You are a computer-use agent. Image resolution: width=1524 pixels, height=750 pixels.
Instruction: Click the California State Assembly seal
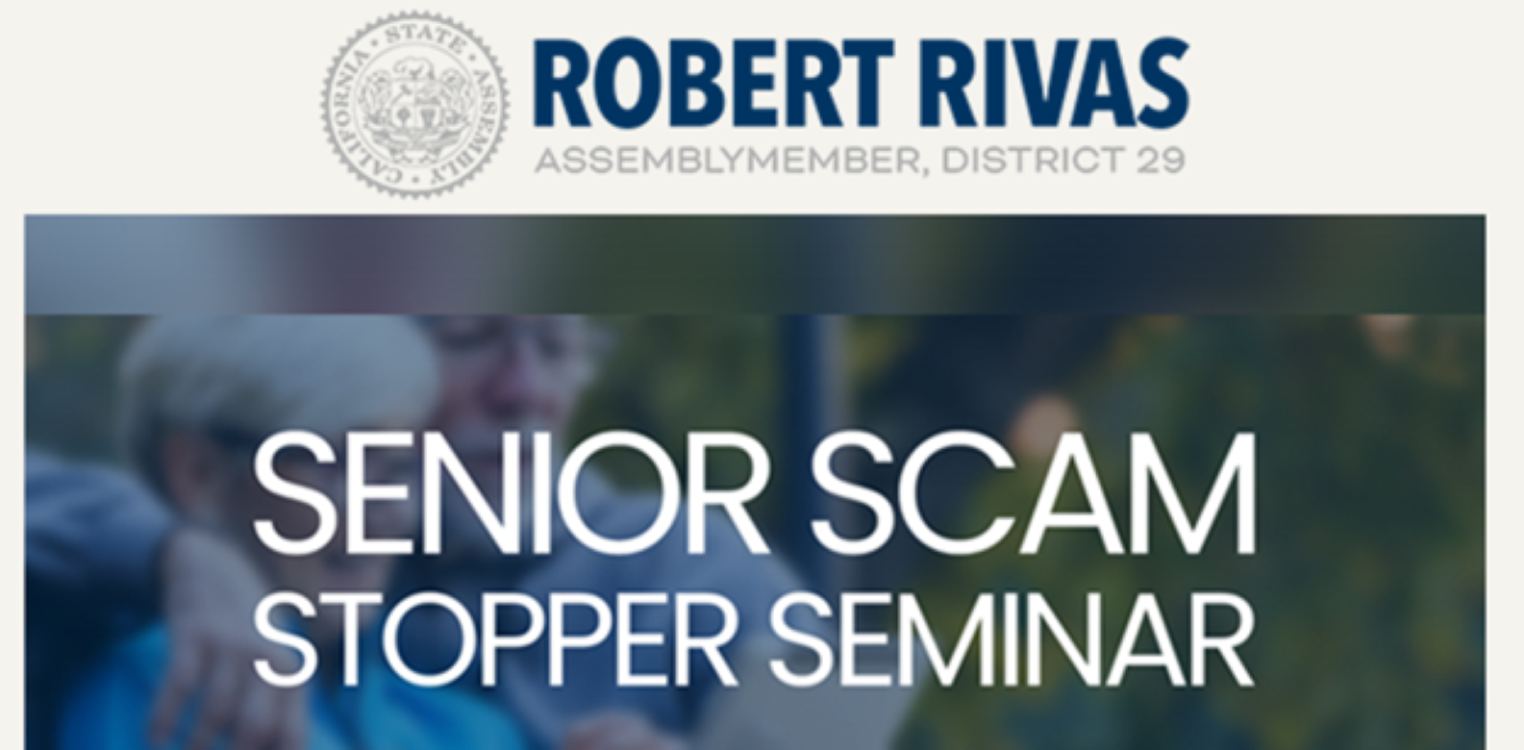(415, 104)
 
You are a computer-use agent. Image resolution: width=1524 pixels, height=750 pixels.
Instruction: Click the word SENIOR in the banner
(510, 493)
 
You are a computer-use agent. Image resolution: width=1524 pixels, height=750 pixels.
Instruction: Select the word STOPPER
(495, 639)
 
